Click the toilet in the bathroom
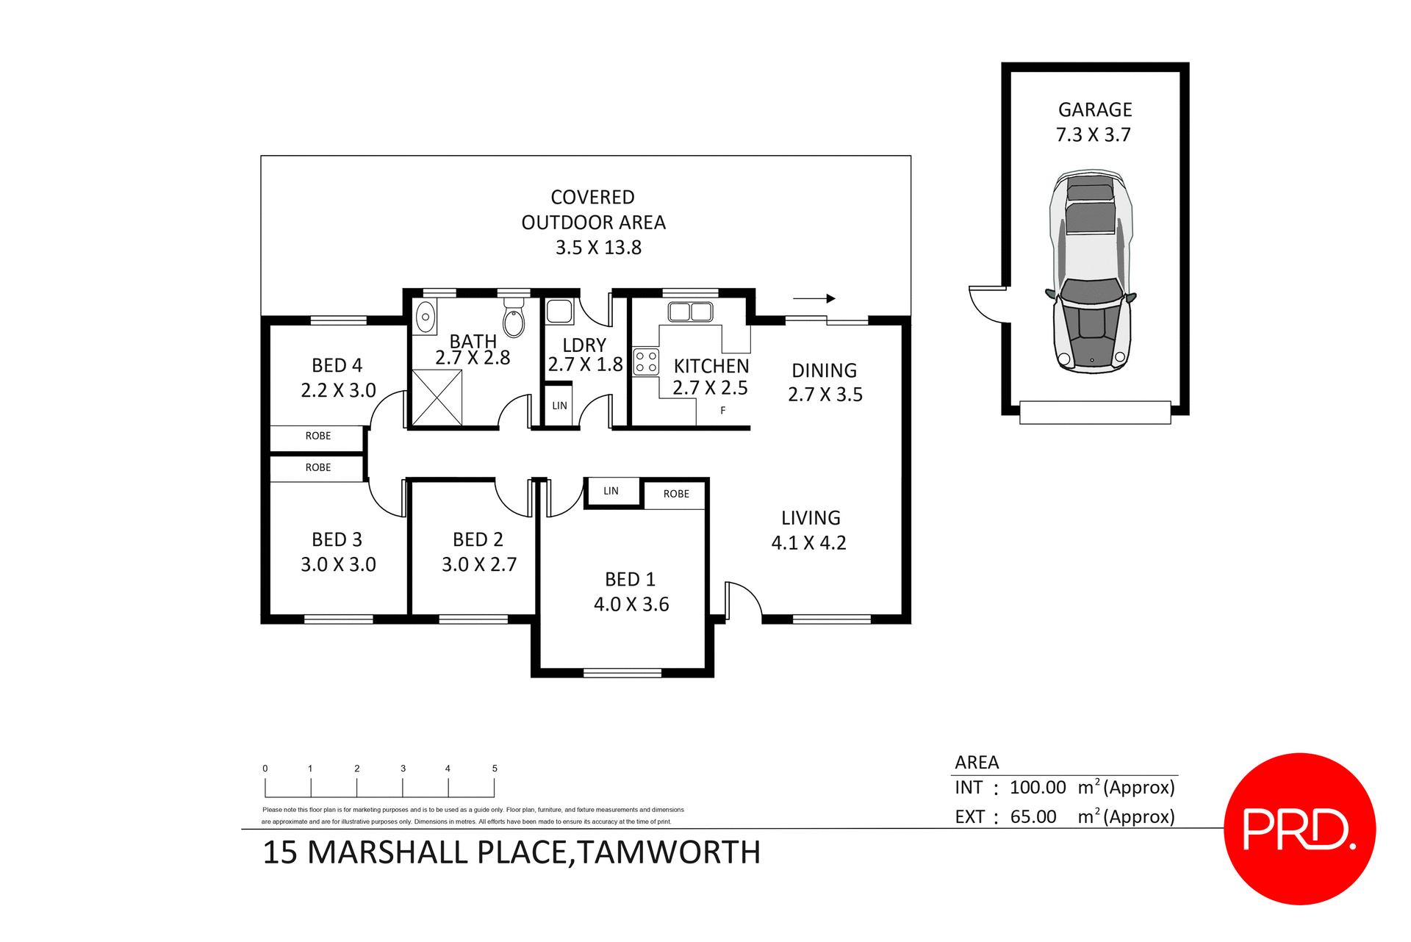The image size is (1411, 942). [514, 320]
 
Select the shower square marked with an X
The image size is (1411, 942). [437, 398]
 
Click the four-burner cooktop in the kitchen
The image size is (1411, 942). [646, 362]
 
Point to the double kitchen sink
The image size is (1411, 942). [690, 312]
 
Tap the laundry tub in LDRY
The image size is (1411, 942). [559, 311]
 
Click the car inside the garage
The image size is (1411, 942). [1091, 272]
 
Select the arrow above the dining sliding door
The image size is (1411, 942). [814, 298]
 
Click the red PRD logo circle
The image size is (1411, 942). [1299, 828]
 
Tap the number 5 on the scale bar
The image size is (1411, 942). [495, 769]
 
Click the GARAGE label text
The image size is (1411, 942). [1094, 110]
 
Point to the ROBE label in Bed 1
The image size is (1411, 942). [676, 494]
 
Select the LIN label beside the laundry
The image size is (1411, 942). [559, 406]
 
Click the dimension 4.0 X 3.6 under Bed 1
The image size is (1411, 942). [631, 605]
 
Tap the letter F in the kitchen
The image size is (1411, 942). [723, 411]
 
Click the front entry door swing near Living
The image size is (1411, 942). [743, 599]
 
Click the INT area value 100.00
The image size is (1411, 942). [1037, 788]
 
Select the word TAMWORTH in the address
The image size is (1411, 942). [669, 852]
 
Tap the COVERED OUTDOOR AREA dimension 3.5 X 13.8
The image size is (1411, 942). [598, 248]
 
